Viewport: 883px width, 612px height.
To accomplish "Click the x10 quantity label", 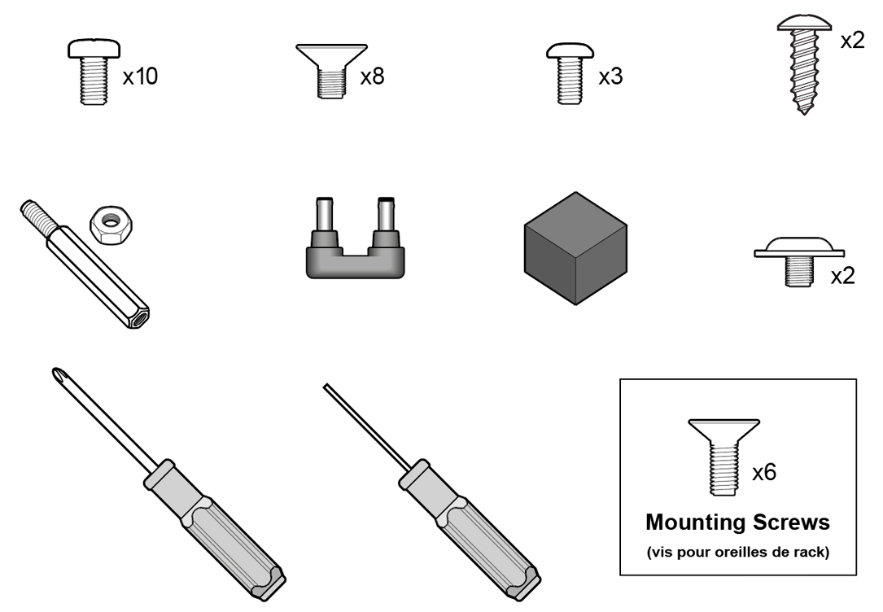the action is click(140, 76).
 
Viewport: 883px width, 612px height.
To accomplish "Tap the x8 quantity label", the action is click(372, 76).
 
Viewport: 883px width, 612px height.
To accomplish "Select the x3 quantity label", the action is click(610, 76).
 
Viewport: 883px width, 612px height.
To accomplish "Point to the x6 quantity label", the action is click(764, 472).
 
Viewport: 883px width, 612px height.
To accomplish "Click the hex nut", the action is click(110, 225).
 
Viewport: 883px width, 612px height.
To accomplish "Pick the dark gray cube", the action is click(575, 248).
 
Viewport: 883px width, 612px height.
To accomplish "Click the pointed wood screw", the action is click(804, 65).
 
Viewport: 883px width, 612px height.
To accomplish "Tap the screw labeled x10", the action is click(94, 72).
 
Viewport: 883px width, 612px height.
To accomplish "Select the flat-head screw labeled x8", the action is click(332, 71).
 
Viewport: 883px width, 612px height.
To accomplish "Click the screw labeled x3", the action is click(570, 73).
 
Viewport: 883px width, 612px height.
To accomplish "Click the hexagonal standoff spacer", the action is click(85, 264).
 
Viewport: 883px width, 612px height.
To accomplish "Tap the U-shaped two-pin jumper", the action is click(356, 238).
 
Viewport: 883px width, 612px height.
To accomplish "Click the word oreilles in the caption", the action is click(737, 553).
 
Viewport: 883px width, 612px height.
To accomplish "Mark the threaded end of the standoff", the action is click(37, 215).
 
